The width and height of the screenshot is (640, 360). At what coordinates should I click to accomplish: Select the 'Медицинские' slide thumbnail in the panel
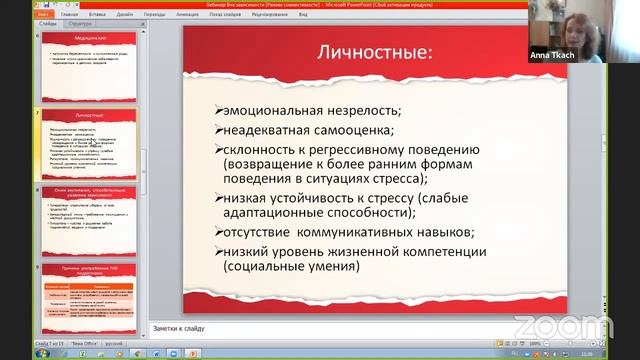pyautogui.click(x=90, y=65)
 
